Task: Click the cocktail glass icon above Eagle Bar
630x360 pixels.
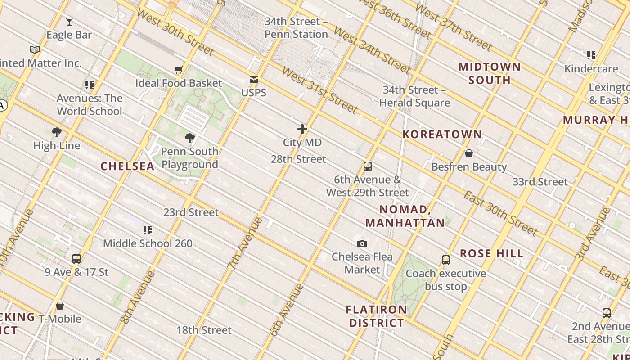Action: click(x=69, y=21)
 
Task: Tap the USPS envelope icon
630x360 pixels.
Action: click(x=254, y=80)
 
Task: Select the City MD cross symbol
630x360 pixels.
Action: click(x=302, y=130)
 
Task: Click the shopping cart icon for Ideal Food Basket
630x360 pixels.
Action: click(x=179, y=70)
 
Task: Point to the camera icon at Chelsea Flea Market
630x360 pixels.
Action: click(x=362, y=243)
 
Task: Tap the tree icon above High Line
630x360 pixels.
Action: click(x=57, y=132)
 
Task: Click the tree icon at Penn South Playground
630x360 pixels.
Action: click(x=190, y=138)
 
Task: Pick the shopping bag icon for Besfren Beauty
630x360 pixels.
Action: click(x=469, y=153)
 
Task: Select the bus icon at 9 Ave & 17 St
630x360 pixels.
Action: click(x=76, y=259)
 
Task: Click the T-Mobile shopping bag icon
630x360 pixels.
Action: click(x=60, y=306)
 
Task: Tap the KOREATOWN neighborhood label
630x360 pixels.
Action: click(x=442, y=134)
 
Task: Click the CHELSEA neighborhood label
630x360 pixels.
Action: click(x=127, y=166)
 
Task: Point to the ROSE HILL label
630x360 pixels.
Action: click(x=491, y=253)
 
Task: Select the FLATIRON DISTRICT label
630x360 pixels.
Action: click(x=377, y=316)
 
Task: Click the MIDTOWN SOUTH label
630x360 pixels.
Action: click(x=490, y=73)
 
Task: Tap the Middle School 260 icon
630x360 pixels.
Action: click(x=148, y=230)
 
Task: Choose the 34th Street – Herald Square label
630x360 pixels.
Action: click(x=414, y=96)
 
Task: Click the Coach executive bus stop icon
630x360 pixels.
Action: click(x=446, y=260)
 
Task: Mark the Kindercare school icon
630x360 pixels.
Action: click(x=591, y=55)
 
